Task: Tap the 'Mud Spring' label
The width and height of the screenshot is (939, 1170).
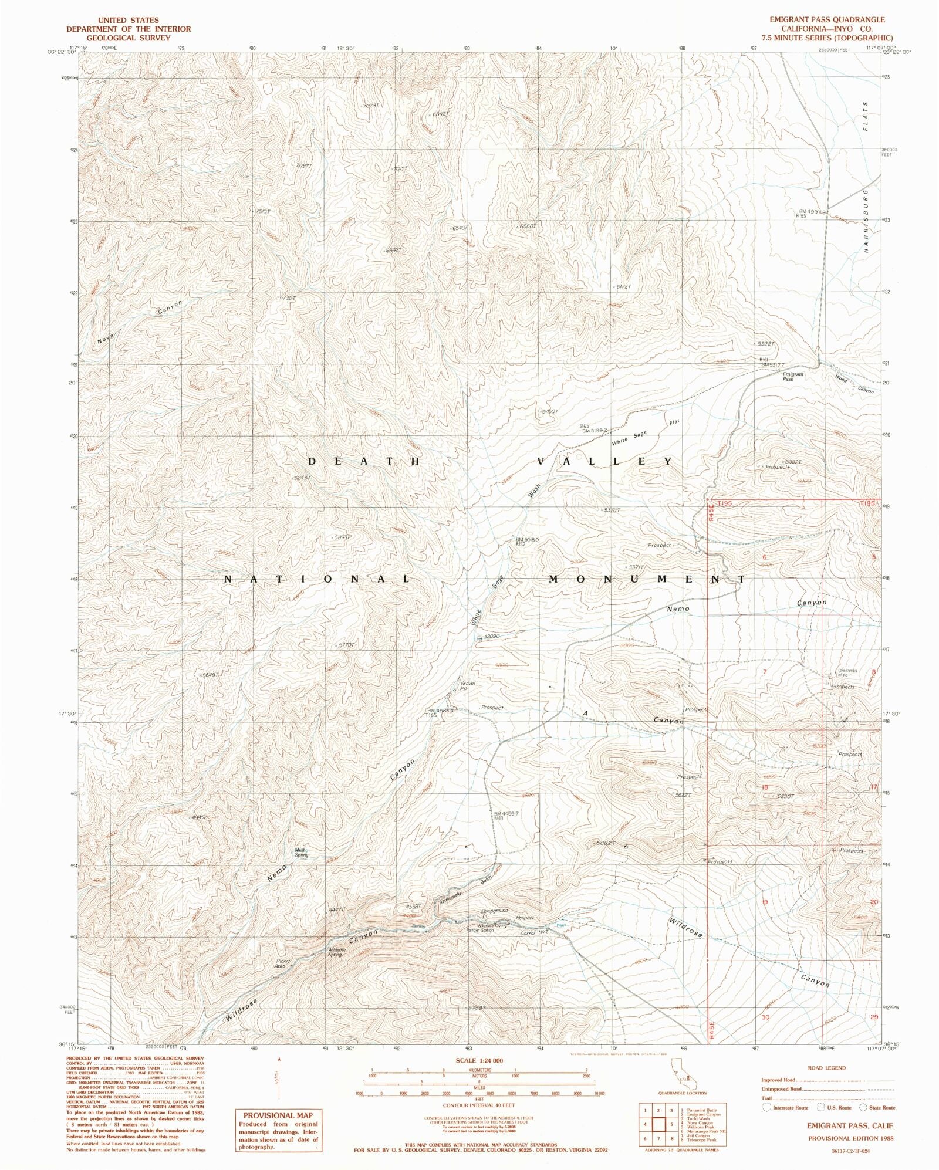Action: tap(301, 853)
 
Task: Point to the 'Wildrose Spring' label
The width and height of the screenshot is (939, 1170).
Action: tap(335, 952)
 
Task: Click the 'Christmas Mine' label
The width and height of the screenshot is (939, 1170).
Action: tap(847, 673)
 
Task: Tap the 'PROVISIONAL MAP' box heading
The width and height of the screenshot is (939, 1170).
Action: tap(278, 1115)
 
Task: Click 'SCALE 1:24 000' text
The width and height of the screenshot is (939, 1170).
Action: tap(479, 1060)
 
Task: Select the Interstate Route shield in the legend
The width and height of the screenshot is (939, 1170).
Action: tap(766, 1107)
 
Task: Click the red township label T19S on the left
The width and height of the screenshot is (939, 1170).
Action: tap(726, 504)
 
